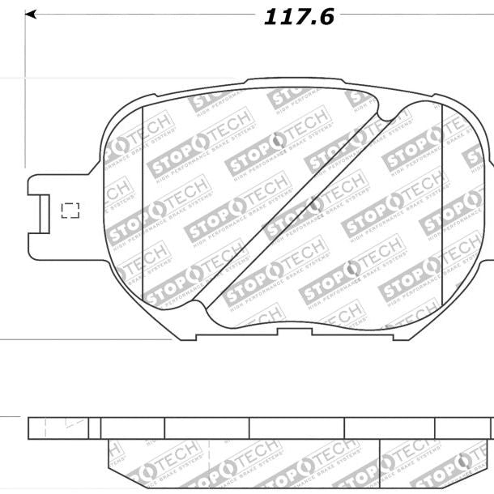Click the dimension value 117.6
point(298,17)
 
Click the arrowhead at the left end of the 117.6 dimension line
point(30,15)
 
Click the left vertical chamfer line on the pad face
point(143,202)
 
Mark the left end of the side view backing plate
point(29,428)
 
